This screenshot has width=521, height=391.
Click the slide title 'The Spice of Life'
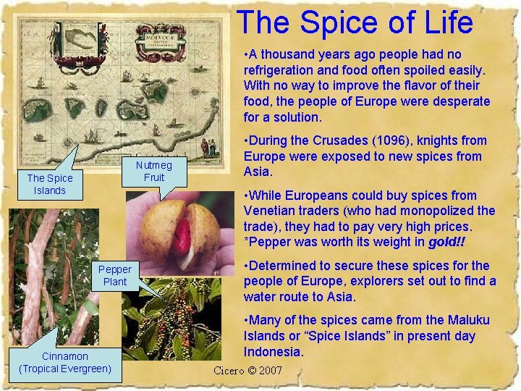(x=355, y=22)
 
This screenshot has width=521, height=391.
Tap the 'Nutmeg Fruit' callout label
(x=154, y=171)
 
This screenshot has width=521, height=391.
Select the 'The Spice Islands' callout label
(x=49, y=184)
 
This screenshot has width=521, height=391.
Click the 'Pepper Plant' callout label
(x=114, y=275)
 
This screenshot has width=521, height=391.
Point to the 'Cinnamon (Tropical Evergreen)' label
(x=65, y=362)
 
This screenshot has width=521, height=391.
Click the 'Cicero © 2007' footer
(x=248, y=371)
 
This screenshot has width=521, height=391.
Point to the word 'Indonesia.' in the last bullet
(x=274, y=352)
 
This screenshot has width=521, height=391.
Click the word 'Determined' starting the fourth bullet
(x=284, y=266)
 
